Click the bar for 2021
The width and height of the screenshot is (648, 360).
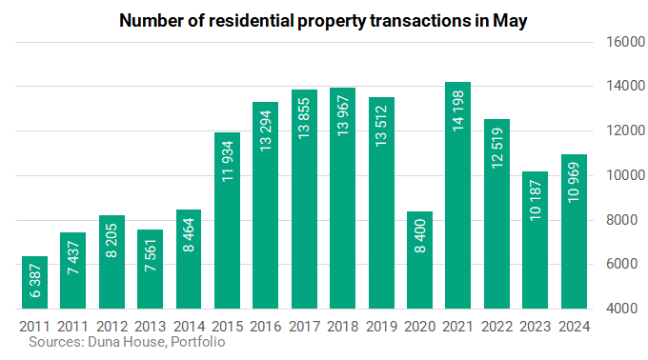(457, 195)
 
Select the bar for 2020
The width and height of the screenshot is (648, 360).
(419, 260)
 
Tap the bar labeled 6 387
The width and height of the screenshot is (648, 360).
(34, 283)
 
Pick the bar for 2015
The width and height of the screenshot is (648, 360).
(228, 220)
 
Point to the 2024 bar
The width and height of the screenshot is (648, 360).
(574, 231)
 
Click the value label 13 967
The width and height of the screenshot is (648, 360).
(343, 116)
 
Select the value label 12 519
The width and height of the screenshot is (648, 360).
(497, 148)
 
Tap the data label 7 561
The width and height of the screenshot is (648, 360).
(151, 255)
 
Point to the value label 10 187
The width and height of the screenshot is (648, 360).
(536, 200)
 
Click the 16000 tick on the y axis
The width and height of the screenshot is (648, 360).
(625, 42)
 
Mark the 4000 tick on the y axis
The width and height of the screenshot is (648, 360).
(622, 309)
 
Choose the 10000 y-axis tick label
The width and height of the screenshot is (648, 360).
(625, 175)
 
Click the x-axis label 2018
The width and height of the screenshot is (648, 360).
(343, 327)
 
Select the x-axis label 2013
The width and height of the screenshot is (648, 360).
(150, 327)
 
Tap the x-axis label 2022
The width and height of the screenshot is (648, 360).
(496, 327)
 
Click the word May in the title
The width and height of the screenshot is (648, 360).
(510, 21)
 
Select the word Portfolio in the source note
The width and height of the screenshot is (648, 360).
(198, 342)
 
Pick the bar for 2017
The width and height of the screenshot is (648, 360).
(304, 199)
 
